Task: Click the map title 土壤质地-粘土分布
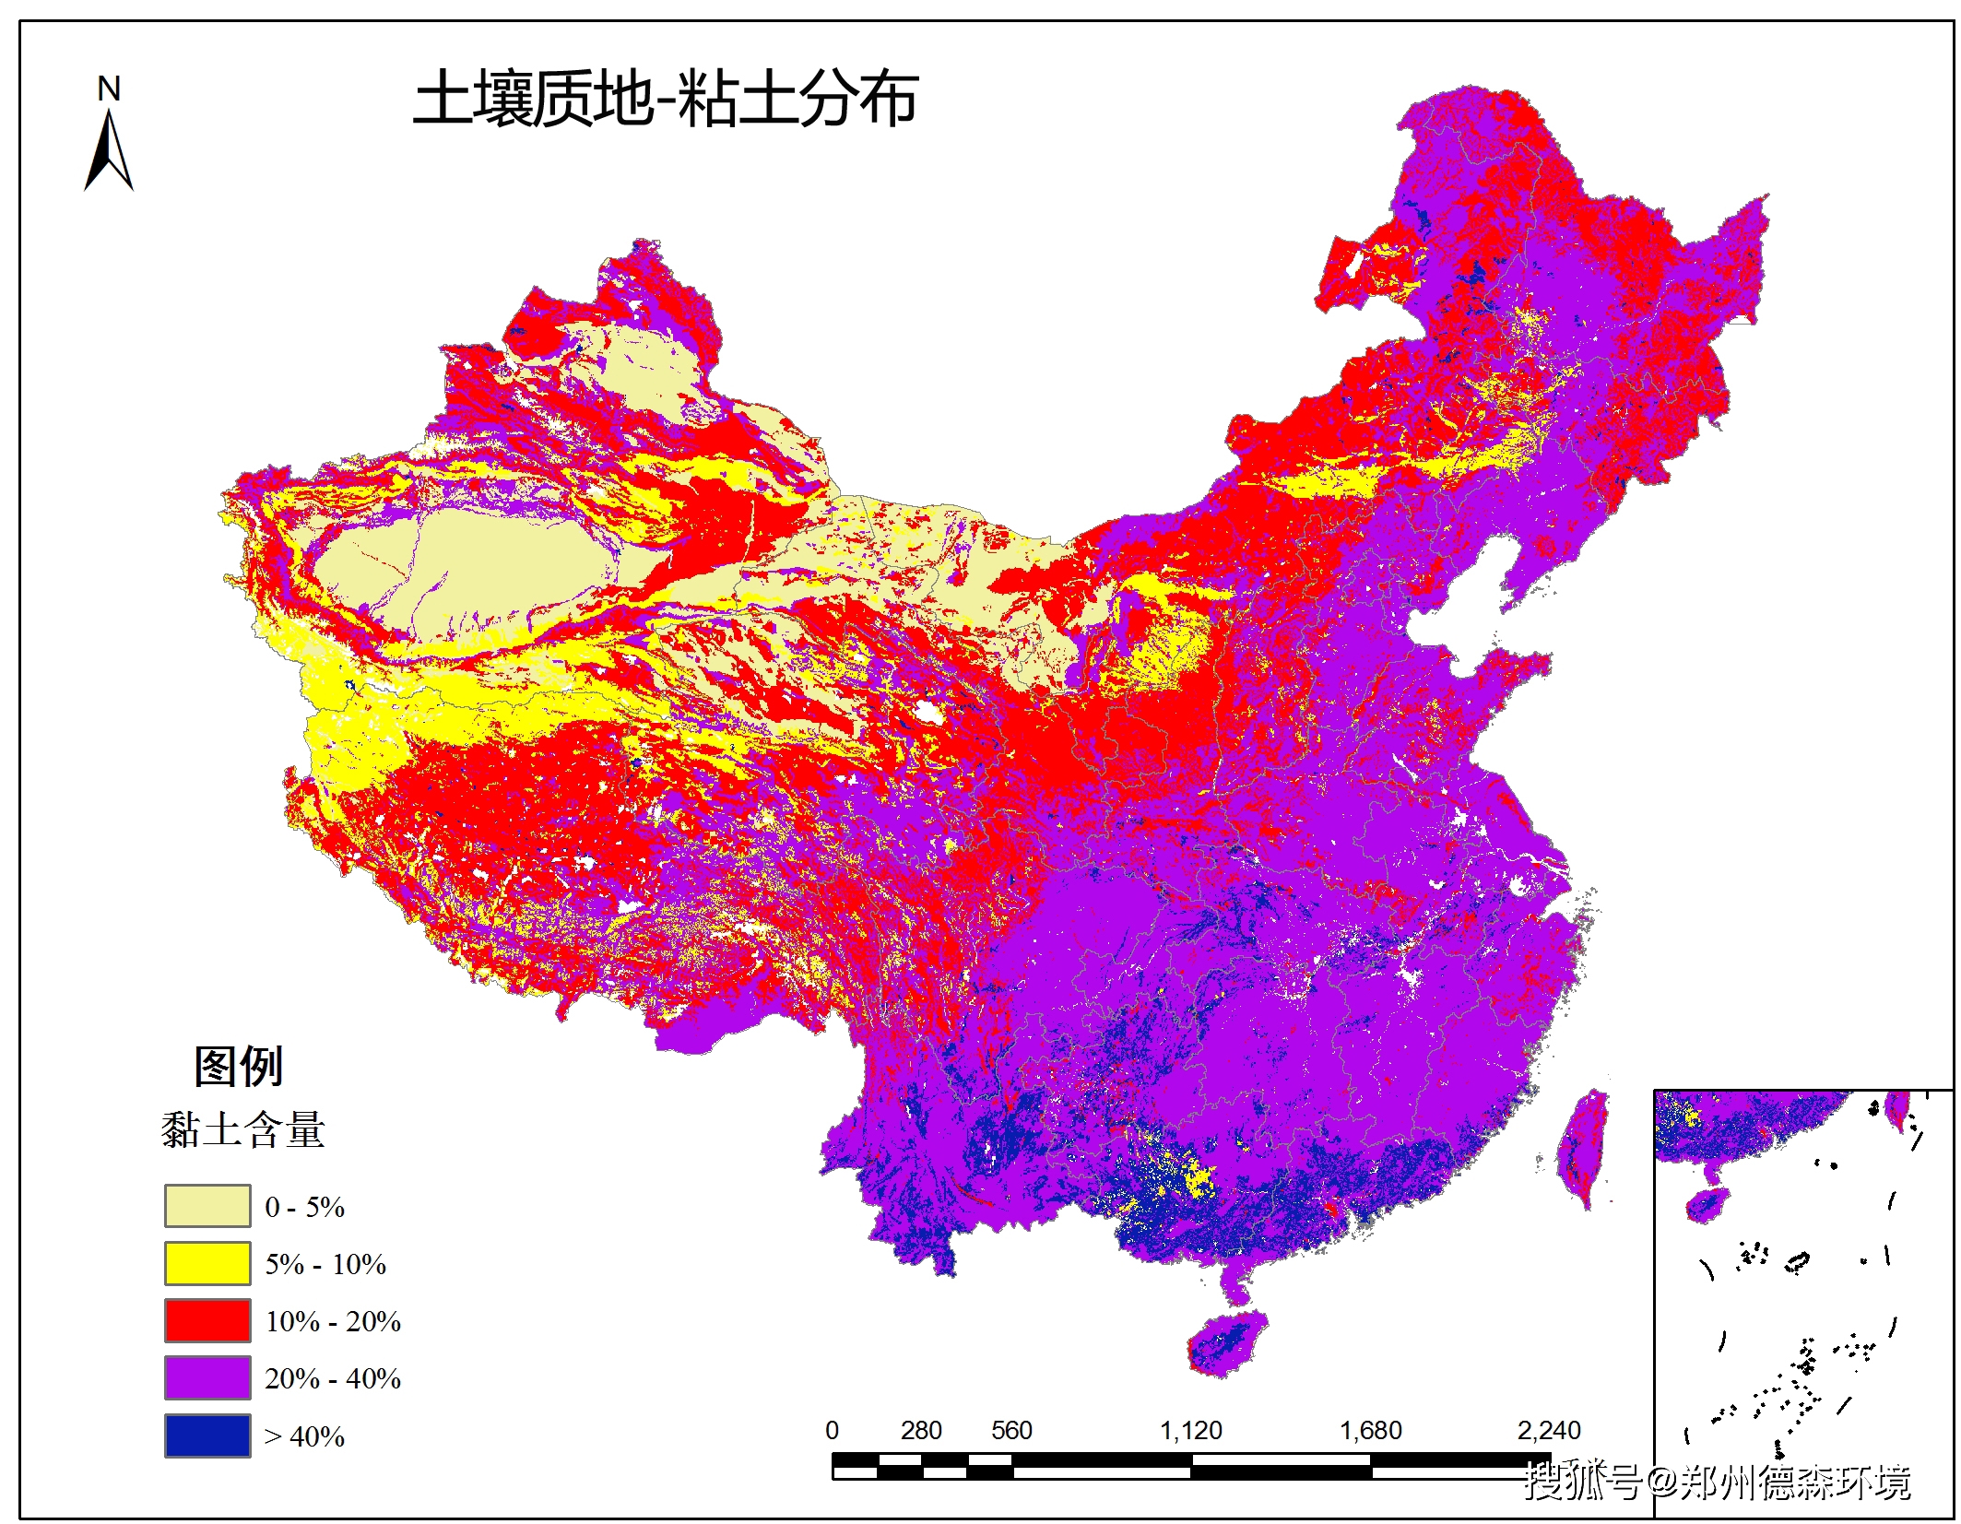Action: click(665, 99)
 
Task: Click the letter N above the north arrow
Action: click(109, 89)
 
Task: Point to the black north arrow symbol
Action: click(109, 152)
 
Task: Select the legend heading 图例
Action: click(238, 1067)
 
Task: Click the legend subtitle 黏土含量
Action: click(242, 1130)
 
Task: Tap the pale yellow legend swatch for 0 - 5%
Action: click(207, 1206)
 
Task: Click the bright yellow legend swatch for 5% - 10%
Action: click(207, 1263)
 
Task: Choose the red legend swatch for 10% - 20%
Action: click(207, 1320)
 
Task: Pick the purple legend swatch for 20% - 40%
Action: click(207, 1377)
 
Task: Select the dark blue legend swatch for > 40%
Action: click(207, 1435)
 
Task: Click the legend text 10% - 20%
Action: click(333, 1321)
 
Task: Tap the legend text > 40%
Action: click(304, 1436)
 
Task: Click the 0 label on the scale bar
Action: click(832, 1430)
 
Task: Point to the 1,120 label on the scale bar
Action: click(1190, 1430)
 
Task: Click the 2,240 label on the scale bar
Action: click(1549, 1430)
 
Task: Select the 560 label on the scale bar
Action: click(1010, 1430)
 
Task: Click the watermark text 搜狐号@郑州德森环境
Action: click(1717, 1482)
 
